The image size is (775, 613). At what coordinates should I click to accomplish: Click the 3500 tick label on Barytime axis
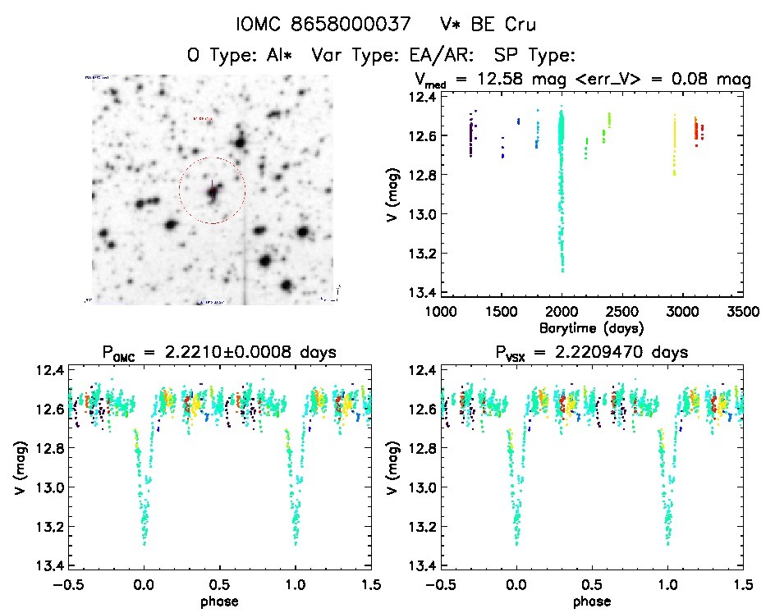pos(741,312)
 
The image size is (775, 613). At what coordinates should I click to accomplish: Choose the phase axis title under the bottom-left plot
pos(219,600)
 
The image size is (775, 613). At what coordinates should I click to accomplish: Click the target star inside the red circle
pos(213,193)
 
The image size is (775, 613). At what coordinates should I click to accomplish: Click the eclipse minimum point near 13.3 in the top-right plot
pos(562,270)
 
